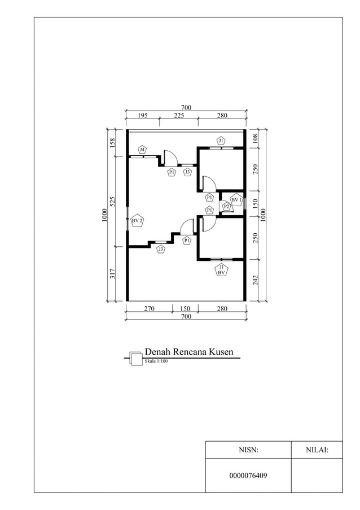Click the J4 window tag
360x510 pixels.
pyautogui.click(x=142, y=150)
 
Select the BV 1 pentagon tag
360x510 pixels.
pyautogui.click(x=236, y=199)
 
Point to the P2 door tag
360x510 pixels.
pyautogui.click(x=226, y=207)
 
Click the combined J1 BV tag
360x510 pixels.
pyautogui.click(x=222, y=269)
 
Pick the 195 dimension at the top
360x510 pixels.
pyautogui.click(x=143, y=115)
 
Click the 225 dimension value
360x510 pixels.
pyautogui.click(x=179, y=115)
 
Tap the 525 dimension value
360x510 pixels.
pyautogui.click(x=112, y=201)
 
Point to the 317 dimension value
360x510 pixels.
pyautogui.click(x=112, y=274)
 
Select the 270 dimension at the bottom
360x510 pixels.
pyautogui.click(x=149, y=309)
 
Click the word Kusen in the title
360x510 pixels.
pyautogui.click(x=217, y=352)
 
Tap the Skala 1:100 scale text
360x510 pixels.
pyautogui.click(x=156, y=361)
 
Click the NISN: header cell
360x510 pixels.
pyautogui.click(x=248, y=450)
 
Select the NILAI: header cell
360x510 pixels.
pyautogui.click(x=317, y=450)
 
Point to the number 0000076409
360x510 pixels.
pyautogui.click(x=248, y=476)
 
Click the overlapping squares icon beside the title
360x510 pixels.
pyautogui.click(x=135, y=359)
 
